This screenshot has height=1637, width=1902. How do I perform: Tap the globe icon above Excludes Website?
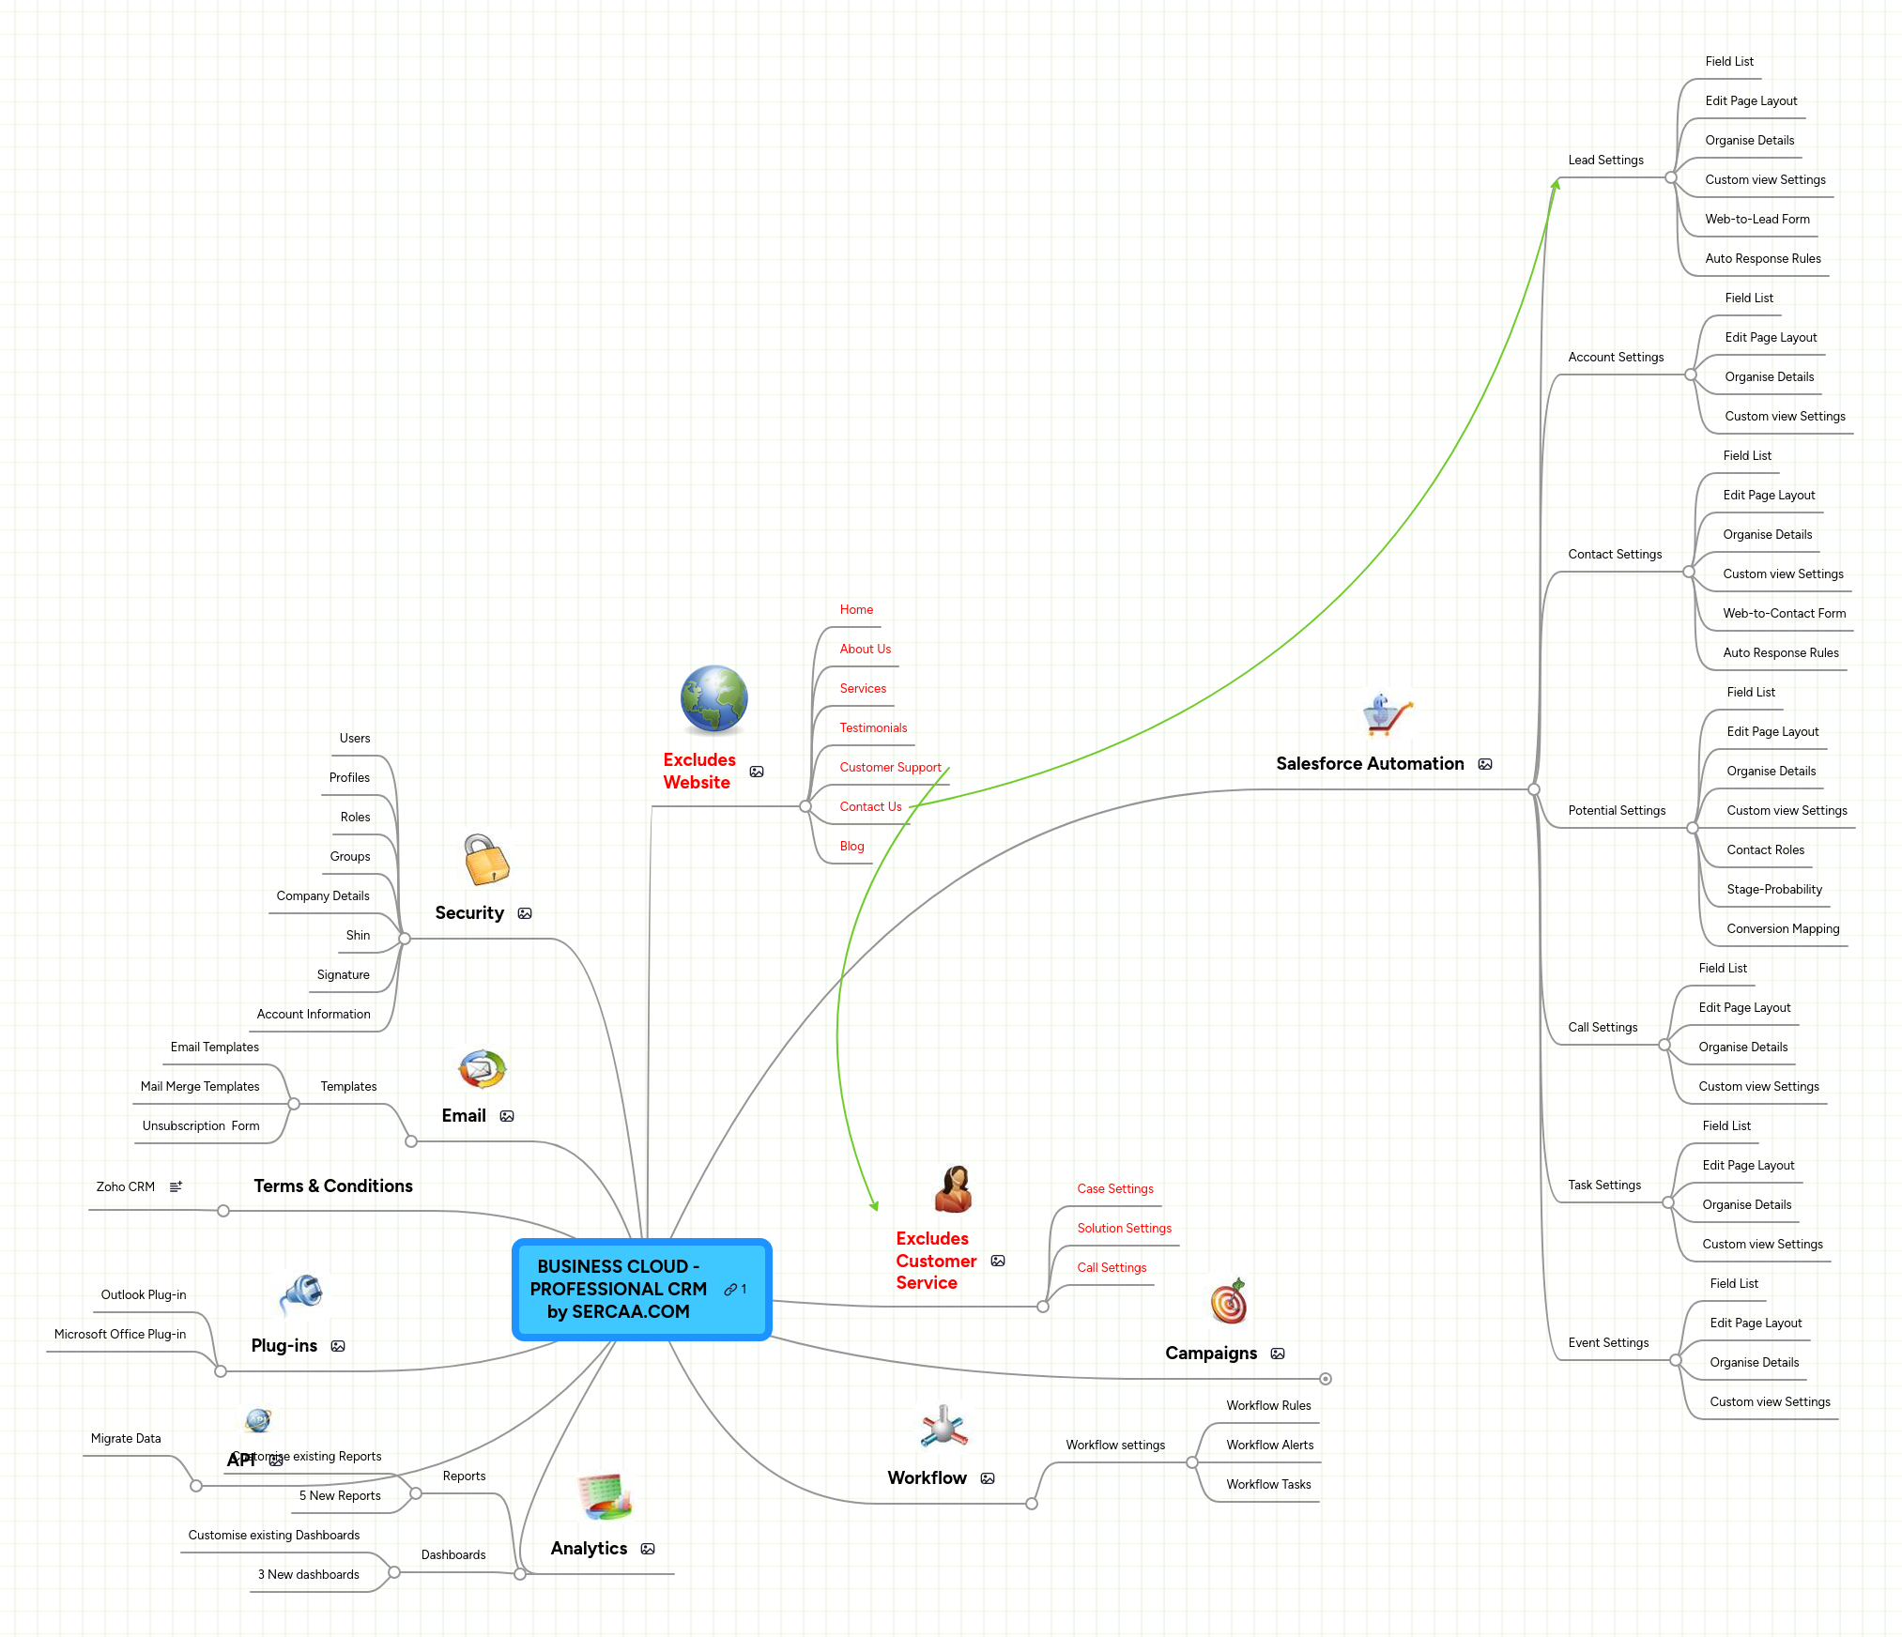click(x=713, y=699)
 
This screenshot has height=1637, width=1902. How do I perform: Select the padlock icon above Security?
click(x=486, y=860)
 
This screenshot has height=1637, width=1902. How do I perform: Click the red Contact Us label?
click(x=870, y=806)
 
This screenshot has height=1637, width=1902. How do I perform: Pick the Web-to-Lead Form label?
click(x=1756, y=219)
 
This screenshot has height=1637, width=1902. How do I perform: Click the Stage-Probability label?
click(x=1773, y=889)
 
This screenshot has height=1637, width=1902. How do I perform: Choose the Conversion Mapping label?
click(x=1782, y=928)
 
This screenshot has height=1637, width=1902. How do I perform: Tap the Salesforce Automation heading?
click(x=1369, y=763)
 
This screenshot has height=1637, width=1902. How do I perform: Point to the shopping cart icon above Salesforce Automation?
click(x=1387, y=715)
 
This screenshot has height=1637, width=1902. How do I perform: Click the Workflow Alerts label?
click(x=1269, y=1445)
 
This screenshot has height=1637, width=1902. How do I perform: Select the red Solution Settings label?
click(x=1124, y=1228)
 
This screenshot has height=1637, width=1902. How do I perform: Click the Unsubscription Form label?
click(x=200, y=1125)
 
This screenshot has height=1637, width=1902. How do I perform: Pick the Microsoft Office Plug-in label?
click(x=120, y=1334)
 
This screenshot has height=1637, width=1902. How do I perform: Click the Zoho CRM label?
click(x=125, y=1186)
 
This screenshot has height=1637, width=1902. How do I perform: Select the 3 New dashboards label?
click(x=308, y=1574)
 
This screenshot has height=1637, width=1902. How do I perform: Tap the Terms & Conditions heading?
click(x=332, y=1186)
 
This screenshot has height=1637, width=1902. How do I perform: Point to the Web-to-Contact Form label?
click(x=1784, y=613)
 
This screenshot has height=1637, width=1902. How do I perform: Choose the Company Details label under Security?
click(x=322, y=895)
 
